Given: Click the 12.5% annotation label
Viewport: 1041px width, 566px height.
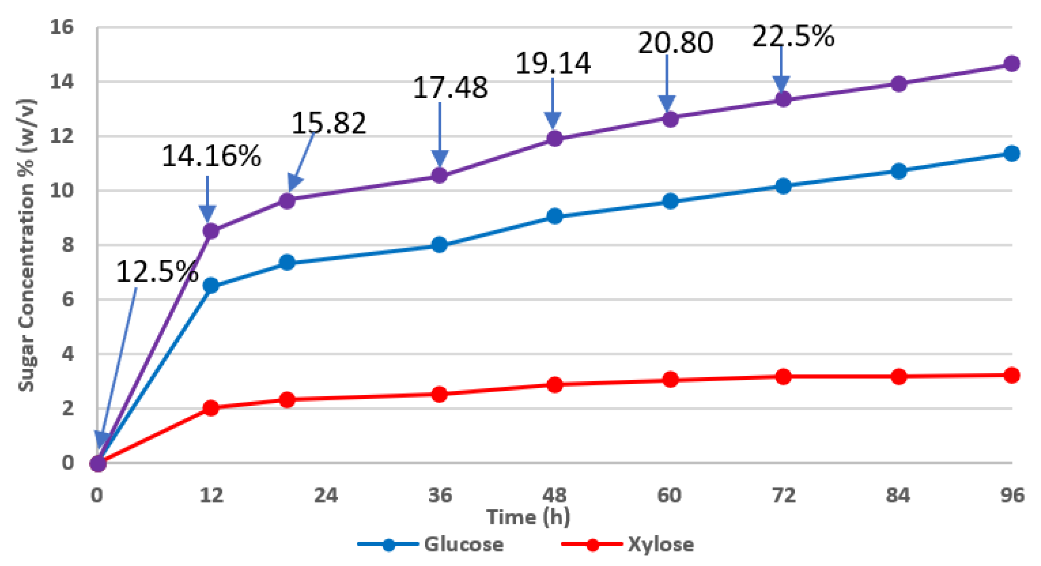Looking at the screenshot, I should coord(157,272).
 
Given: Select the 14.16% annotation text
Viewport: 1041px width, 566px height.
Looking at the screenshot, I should coord(211,156).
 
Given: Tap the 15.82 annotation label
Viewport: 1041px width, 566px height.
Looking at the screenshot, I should coord(328,123).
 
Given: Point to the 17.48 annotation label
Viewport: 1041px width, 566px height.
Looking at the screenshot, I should coord(450,88).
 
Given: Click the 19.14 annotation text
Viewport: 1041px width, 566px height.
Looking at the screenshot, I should coord(553,64).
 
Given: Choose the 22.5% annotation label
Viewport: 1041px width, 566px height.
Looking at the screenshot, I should coord(793,37).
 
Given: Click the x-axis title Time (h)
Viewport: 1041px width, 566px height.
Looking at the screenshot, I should coord(528,517).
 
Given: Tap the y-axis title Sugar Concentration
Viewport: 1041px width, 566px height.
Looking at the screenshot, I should coord(27,245).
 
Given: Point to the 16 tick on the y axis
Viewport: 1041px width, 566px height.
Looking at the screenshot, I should coord(61,27).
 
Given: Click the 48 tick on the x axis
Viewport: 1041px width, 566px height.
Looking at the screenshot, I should coord(555,495).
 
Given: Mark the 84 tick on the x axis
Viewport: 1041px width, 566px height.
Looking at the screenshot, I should coord(898,495).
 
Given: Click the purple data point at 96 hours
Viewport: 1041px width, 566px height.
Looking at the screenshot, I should coord(1011,64).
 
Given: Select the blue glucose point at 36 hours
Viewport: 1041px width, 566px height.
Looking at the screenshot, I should coord(439,245).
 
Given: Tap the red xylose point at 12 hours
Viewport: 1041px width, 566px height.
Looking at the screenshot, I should coord(211,408).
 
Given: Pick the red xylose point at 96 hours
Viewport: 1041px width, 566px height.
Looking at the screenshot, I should coord(1011,375).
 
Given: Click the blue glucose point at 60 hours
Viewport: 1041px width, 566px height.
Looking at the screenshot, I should coord(670,201).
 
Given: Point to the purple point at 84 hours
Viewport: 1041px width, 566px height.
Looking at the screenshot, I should coord(898,84).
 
